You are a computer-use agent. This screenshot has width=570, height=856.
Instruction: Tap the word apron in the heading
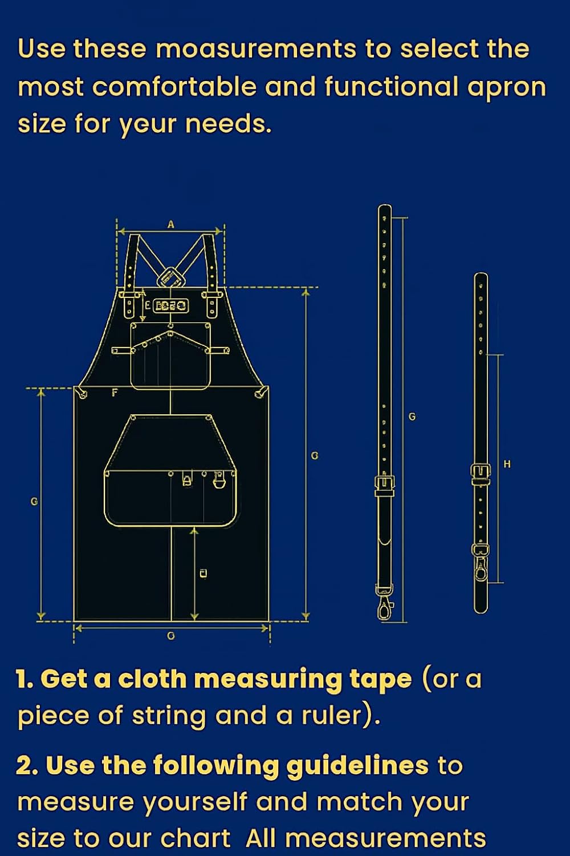click(x=507, y=87)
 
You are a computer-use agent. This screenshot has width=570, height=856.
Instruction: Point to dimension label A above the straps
click(x=170, y=224)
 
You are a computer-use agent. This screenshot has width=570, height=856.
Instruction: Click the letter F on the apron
click(x=115, y=393)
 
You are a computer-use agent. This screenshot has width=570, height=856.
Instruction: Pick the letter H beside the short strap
click(x=507, y=464)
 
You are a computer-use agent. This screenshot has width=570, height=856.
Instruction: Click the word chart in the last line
click(x=195, y=838)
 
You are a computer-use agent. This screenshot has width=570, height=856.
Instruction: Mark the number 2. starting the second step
click(x=27, y=766)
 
